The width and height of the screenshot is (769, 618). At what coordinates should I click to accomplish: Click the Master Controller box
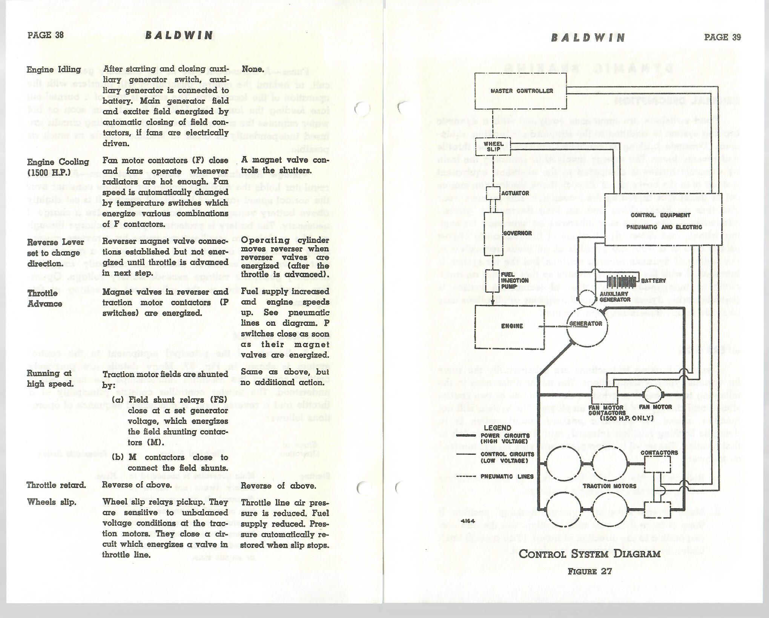[521, 91]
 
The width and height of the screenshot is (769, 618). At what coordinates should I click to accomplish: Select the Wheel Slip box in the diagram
[493, 146]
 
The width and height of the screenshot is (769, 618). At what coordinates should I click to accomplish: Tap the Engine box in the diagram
[510, 327]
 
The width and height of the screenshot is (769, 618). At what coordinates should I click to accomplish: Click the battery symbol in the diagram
[622, 281]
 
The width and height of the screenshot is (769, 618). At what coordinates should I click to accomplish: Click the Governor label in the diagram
[517, 233]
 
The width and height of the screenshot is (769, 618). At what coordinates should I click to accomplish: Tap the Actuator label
[515, 193]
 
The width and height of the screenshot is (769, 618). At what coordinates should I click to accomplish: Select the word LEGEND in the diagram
[497, 428]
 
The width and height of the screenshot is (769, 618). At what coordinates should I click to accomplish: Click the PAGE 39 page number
[722, 37]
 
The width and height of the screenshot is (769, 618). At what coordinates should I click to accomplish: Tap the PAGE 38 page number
[46, 35]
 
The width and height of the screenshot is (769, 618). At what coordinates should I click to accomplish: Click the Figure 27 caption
[589, 571]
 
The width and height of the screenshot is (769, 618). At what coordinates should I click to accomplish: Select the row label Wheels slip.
[51, 502]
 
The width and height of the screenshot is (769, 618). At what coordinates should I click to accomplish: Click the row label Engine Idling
[54, 70]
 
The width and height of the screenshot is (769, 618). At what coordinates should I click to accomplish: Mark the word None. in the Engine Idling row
[252, 69]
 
